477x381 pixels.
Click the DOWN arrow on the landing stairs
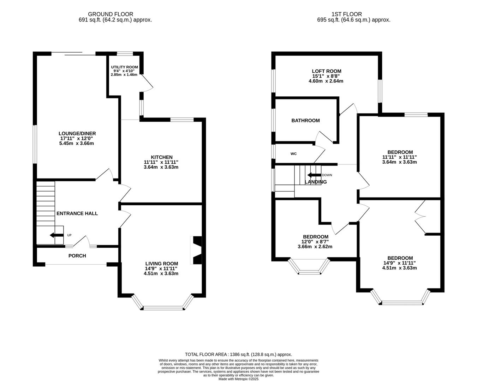(x=314, y=175)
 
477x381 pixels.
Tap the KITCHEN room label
(x=161, y=157)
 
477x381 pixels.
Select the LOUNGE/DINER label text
(x=77, y=133)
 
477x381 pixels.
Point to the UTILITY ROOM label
(x=124, y=67)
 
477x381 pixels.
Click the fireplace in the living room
(x=196, y=250)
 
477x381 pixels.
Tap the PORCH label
(x=77, y=256)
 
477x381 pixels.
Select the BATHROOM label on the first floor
(x=305, y=121)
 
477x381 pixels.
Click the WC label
(x=293, y=154)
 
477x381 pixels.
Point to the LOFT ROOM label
(x=326, y=71)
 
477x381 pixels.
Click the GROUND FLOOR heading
(x=111, y=14)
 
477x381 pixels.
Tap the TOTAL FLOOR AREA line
(x=238, y=354)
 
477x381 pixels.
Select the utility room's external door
(x=148, y=84)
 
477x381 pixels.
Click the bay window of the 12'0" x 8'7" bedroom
(x=309, y=271)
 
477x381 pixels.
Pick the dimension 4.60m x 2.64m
(x=326, y=81)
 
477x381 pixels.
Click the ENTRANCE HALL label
(x=77, y=213)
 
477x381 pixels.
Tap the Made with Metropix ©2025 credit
(x=238, y=379)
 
